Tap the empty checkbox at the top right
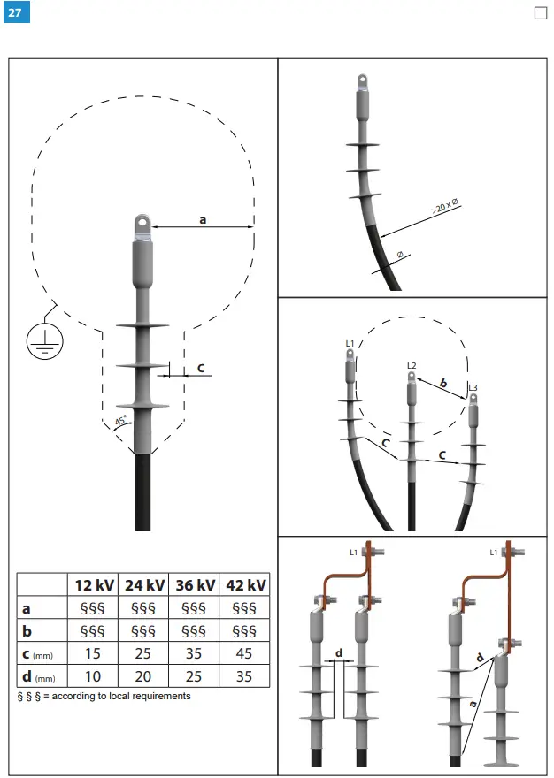pos(542,13)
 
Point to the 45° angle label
pos(121,421)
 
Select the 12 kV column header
pos(94,585)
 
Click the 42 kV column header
pos(245,585)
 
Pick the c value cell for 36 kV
pos(194,653)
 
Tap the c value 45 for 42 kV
pos(245,653)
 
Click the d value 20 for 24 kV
pos(144,676)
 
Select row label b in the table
pos(26,631)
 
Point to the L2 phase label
pos(412,365)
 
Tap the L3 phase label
pos(473,388)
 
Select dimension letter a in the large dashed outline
pos(203,218)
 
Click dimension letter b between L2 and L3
pos(443,384)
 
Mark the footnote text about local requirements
pos(104,696)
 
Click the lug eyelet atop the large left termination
pos(142,222)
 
